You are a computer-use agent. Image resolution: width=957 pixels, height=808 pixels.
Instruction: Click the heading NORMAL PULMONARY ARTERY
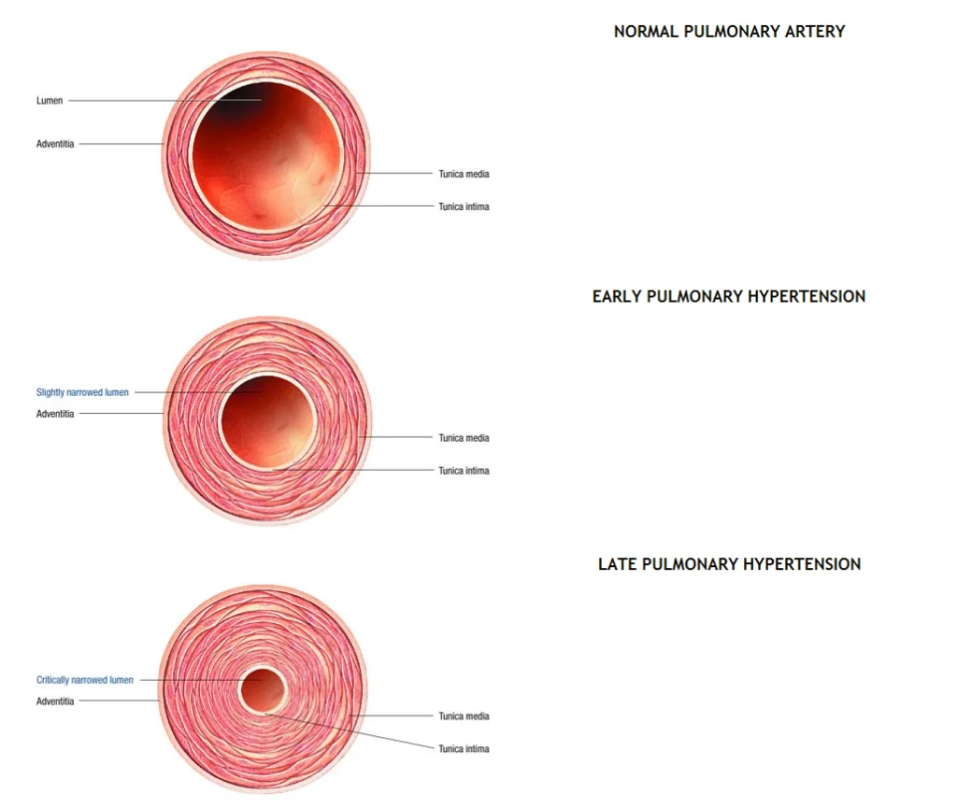[729, 32]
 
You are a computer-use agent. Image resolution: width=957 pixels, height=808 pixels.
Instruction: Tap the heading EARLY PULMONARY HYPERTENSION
[729, 296]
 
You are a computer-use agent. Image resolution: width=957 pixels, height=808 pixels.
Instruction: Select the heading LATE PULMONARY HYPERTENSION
[729, 564]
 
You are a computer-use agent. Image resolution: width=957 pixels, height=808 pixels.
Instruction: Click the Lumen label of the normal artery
[50, 101]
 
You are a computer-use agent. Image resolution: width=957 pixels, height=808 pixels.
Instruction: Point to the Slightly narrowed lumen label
[82, 392]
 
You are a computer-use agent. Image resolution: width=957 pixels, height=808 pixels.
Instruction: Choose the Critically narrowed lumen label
[85, 680]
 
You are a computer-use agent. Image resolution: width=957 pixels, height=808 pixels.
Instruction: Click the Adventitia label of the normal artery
[55, 144]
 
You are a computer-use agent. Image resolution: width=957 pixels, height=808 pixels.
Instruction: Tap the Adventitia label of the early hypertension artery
[55, 414]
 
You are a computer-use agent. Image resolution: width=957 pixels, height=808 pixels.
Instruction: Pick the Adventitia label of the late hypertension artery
[55, 702]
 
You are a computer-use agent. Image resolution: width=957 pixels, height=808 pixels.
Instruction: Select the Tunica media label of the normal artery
[464, 174]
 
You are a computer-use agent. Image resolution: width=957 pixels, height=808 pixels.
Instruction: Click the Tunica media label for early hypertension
[464, 438]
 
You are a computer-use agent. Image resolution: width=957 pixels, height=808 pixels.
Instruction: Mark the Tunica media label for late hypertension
[464, 716]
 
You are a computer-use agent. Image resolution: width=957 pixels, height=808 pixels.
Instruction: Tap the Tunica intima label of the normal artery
[464, 206]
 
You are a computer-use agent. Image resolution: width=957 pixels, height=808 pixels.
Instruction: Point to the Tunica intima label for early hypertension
[464, 471]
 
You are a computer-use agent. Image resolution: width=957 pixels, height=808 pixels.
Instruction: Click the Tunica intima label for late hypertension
[464, 749]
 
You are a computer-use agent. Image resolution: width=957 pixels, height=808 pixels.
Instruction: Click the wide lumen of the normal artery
[266, 155]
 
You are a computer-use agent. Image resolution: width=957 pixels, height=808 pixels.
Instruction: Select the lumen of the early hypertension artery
[267, 420]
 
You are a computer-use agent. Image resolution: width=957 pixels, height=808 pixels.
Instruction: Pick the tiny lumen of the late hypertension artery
[263, 690]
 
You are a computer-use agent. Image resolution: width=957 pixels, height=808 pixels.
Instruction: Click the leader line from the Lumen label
[164, 100]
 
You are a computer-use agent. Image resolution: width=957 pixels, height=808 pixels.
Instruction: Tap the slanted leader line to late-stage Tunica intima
[350, 730]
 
